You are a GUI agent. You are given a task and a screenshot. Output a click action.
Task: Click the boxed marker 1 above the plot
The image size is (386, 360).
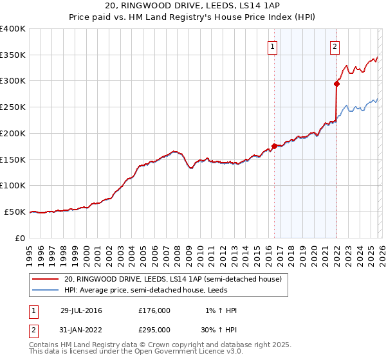[273, 46]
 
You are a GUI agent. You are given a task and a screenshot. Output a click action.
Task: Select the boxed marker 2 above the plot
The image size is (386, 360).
[335, 46]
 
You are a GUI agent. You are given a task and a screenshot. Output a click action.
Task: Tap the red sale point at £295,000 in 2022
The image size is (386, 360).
[336, 83]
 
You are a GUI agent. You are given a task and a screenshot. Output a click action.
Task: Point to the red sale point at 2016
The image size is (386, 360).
[274, 146]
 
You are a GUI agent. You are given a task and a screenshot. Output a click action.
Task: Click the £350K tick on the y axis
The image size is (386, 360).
[13, 55]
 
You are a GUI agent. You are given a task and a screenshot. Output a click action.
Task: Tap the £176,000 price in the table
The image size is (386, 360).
[154, 310]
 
